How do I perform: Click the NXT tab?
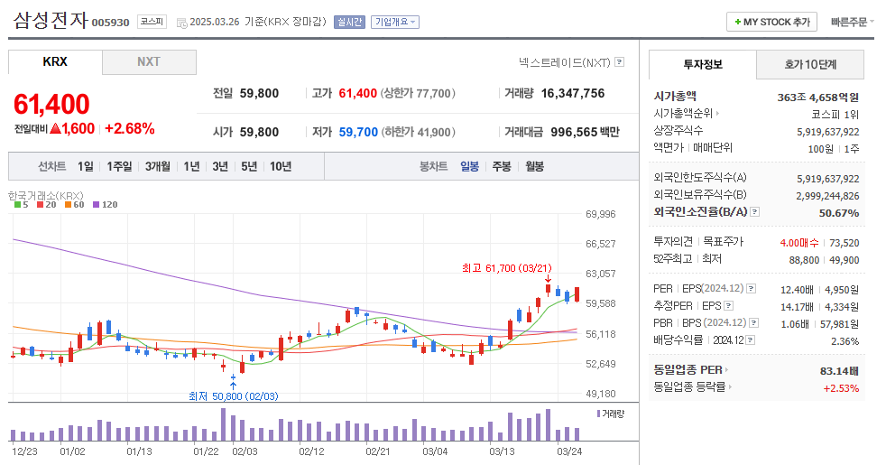click(148, 61)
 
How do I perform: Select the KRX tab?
click(55, 61)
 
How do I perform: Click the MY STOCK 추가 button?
click(771, 22)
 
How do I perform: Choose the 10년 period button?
click(280, 166)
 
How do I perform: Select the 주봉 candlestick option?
click(501, 166)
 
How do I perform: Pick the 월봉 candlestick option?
click(534, 166)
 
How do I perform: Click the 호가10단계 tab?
click(809, 65)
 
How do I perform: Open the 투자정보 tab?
click(703, 65)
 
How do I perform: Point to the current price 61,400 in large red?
click(51, 104)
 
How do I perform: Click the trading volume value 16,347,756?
click(567, 93)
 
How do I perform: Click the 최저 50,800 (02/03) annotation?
click(233, 396)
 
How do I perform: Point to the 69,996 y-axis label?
click(600, 214)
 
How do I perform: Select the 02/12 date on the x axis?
click(311, 451)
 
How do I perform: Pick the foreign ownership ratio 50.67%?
click(838, 212)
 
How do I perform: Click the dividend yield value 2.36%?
click(844, 341)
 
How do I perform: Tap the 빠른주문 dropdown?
click(852, 22)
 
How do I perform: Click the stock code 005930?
click(111, 23)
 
